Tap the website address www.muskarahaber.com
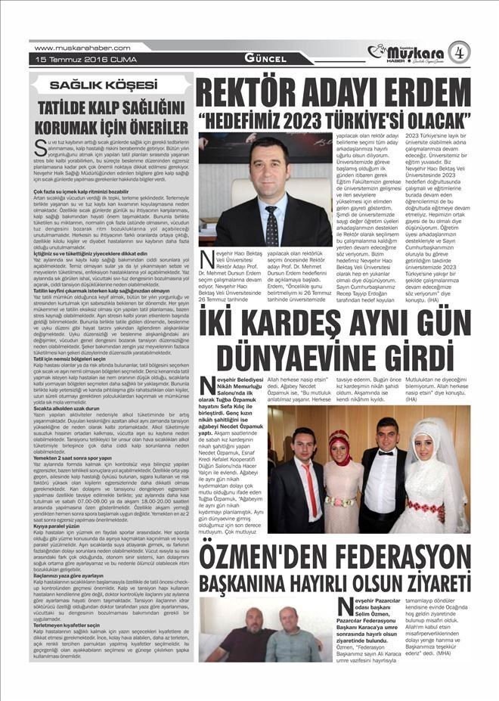point(71,48)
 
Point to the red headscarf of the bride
point(339,439)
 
